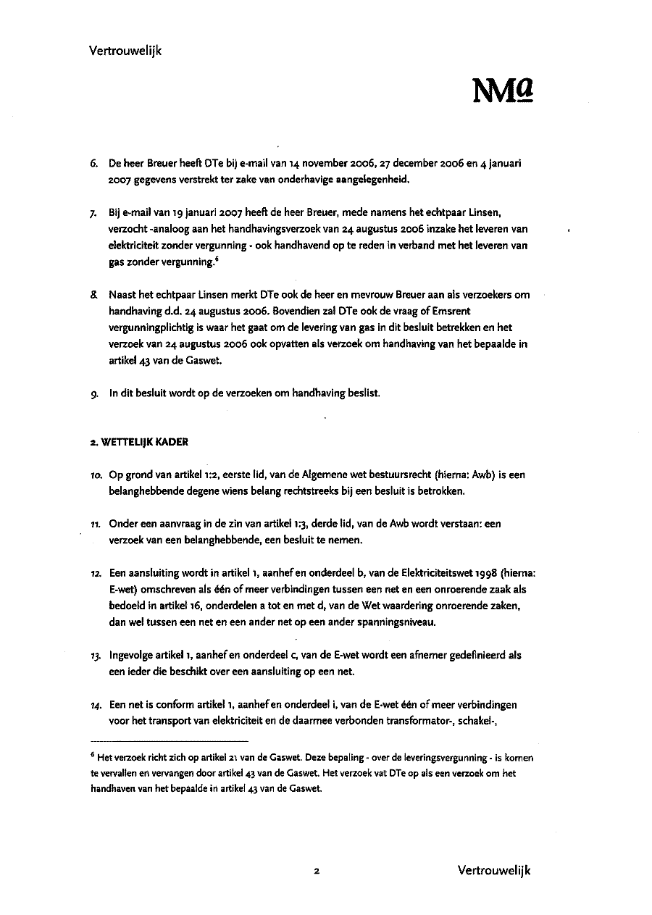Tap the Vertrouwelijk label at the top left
coord(125,51)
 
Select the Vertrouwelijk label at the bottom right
coord(494,870)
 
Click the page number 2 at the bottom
coord(317,871)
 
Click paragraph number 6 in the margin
coord(94,164)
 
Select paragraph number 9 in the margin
coord(94,393)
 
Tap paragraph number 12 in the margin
coord(94,572)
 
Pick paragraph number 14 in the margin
coord(94,704)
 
